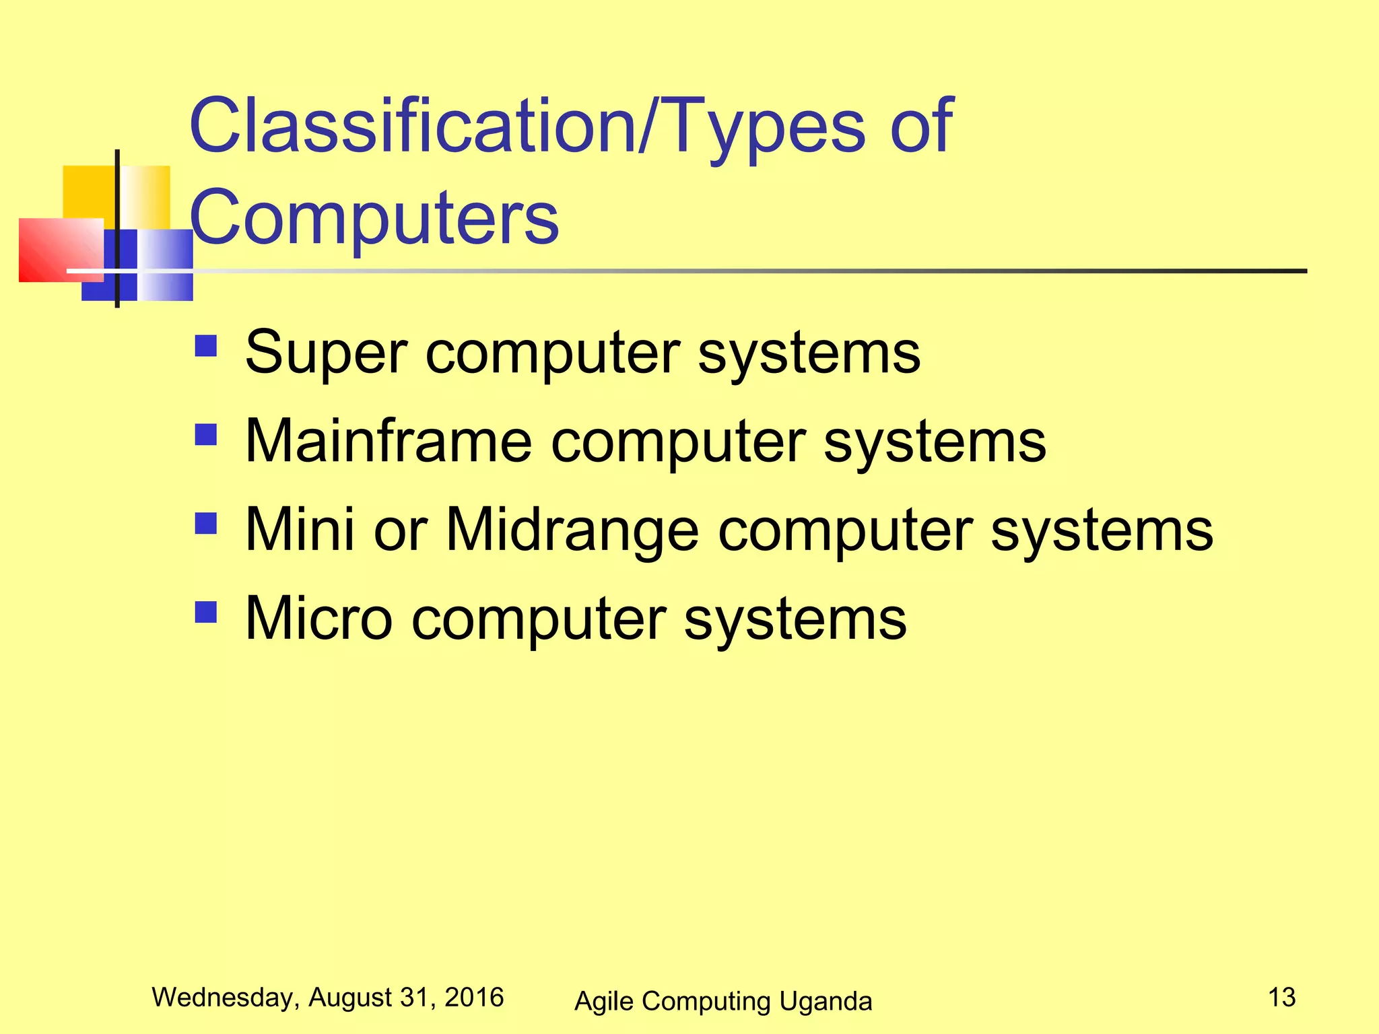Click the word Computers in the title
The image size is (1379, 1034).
click(x=374, y=217)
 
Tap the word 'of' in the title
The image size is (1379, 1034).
click(x=920, y=127)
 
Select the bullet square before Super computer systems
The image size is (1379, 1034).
click(x=206, y=346)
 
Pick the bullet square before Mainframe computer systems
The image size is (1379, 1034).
click(x=206, y=435)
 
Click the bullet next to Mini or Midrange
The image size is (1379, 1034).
click(x=206, y=523)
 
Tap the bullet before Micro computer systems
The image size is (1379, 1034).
click(x=206, y=612)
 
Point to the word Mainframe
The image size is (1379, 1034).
click(x=389, y=442)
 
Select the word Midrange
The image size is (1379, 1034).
click(x=572, y=530)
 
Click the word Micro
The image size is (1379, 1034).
click(x=318, y=619)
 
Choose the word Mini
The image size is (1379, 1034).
click(x=300, y=530)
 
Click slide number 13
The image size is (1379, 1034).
click(x=1281, y=997)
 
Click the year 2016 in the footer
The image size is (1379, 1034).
click(x=474, y=997)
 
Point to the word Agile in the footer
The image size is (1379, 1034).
click(x=603, y=1002)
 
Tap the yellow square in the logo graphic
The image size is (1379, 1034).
click(x=88, y=192)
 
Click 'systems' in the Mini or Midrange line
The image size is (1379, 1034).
click(x=1102, y=530)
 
